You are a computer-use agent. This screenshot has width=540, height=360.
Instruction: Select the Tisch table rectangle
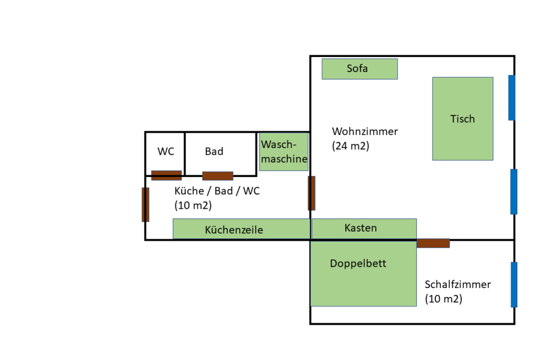tap(463, 119)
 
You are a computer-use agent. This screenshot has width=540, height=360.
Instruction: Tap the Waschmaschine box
tap(284, 152)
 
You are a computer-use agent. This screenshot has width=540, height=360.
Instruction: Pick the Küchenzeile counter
tap(241, 229)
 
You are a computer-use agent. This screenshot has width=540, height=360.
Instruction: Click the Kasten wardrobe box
tap(364, 229)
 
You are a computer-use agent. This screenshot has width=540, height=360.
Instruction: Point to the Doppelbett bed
tap(363, 273)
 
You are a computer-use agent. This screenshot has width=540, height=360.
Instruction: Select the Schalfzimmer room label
tap(458, 284)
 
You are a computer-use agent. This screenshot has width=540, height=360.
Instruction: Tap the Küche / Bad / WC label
tap(217, 191)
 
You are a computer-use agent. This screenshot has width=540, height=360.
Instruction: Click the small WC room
tap(165, 152)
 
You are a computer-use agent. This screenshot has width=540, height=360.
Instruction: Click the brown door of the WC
tap(166, 175)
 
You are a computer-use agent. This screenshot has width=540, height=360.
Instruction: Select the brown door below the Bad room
tap(217, 176)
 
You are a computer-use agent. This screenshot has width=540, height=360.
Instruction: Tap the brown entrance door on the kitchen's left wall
tap(145, 205)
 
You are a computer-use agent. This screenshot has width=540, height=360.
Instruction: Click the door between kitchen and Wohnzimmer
tap(311, 193)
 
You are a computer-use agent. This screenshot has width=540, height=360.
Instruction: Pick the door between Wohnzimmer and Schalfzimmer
tap(433, 243)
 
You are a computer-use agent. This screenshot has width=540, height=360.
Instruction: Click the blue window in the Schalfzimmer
tap(514, 284)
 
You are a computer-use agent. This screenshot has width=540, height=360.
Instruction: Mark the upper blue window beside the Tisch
tap(512, 97)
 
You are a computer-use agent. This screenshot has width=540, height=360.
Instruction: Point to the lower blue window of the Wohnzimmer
tap(514, 191)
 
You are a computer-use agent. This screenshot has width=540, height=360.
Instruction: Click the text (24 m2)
tap(350, 146)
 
